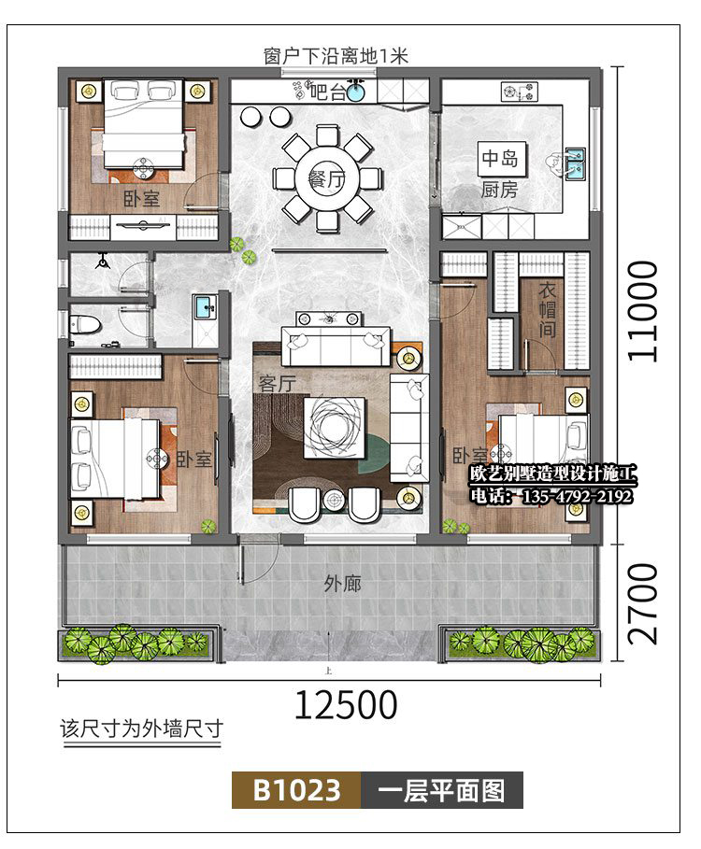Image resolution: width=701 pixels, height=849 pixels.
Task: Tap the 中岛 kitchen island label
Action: pos(498,158)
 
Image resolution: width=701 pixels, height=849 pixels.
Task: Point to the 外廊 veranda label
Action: pos(342,585)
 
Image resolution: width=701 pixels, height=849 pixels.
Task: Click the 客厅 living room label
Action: pos(277,383)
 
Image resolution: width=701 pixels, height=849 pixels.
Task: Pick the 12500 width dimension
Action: pos(346,704)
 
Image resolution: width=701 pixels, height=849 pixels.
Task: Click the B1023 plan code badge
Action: pos(296,790)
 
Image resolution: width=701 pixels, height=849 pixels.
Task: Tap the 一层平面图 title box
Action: pos(442,790)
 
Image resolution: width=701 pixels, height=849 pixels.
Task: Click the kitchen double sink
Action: pos(576,164)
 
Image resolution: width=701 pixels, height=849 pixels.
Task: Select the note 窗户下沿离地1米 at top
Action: pos(336,57)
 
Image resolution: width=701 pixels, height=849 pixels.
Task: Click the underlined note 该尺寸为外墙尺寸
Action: pos(140,729)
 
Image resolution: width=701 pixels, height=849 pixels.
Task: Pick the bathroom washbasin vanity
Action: pos(203,307)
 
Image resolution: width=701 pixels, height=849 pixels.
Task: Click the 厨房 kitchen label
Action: pos(499,191)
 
